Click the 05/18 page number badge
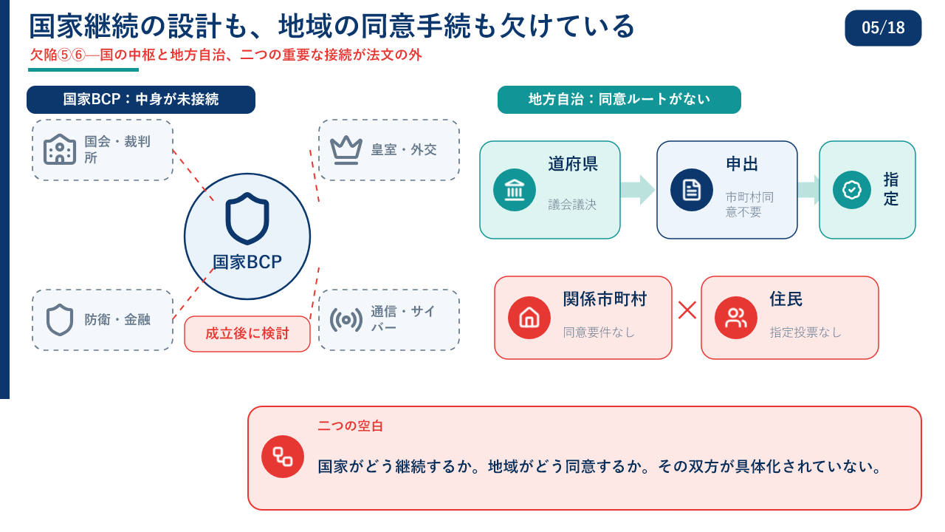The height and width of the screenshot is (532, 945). pyautogui.click(x=882, y=28)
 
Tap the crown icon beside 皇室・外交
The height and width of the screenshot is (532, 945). pyautogui.click(x=346, y=150)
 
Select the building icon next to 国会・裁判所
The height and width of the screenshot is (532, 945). pyautogui.click(x=60, y=149)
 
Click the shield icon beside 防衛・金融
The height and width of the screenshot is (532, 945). pyautogui.click(x=60, y=320)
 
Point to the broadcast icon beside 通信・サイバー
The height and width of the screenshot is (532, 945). pyautogui.click(x=346, y=320)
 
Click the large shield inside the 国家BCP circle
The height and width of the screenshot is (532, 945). pyautogui.click(x=247, y=218)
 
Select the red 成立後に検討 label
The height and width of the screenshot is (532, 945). pyautogui.click(x=247, y=333)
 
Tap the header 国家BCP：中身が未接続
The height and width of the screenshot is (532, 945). pyautogui.click(x=141, y=100)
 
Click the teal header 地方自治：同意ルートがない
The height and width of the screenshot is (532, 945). pyautogui.click(x=619, y=100)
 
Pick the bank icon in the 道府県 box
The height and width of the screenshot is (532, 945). pyautogui.click(x=515, y=190)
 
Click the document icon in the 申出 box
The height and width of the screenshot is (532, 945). pyautogui.click(x=692, y=190)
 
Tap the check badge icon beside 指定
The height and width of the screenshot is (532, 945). pyautogui.click(x=852, y=190)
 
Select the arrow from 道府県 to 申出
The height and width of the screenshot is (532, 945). pyautogui.click(x=637, y=190)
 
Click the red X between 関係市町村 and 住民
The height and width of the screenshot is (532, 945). pyautogui.click(x=687, y=310)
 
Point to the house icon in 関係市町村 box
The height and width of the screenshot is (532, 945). pyautogui.click(x=529, y=318)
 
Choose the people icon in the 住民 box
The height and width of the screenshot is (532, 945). pyautogui.click(x=736, y=318)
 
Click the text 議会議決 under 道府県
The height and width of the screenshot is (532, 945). pyautogui.click(x=572, y=205)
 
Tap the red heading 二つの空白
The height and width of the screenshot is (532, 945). pyautogui.click(x=350, y=426)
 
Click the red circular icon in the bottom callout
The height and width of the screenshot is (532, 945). pyautogui.click(x=283, y=457)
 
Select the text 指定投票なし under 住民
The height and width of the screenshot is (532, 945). pyautogui.click(x=805, y=332)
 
